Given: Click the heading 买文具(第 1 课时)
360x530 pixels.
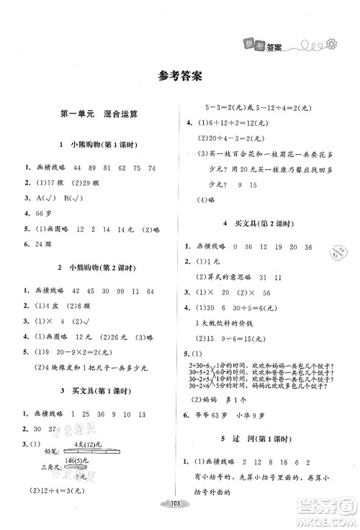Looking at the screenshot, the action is coord(94,393).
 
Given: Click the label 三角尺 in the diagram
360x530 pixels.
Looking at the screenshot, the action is coord(42,466).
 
